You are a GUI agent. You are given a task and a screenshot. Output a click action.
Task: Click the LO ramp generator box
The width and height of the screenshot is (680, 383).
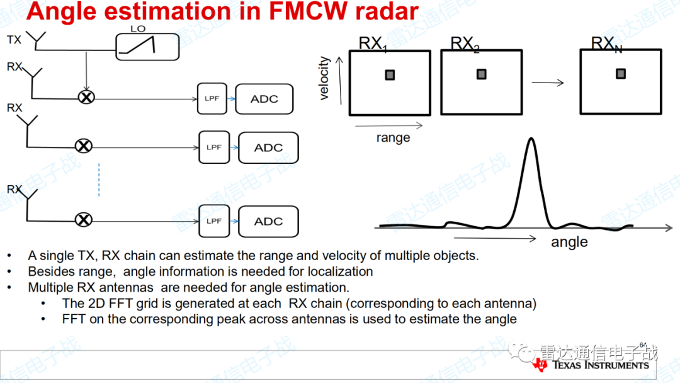tap(147, 47)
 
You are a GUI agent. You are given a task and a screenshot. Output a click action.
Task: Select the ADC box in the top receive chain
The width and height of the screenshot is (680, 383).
tap(264, 99)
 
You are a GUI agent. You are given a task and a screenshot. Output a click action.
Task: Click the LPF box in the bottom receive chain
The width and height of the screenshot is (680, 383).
tap(214, 221)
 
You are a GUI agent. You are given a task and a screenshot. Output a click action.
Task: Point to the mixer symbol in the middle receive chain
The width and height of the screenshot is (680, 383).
tap(84, 146)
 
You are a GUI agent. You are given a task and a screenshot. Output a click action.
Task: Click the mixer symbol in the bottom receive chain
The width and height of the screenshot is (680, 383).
tap(84, 220)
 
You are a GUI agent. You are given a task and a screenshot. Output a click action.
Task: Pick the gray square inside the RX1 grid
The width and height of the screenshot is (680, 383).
tap(390, 75)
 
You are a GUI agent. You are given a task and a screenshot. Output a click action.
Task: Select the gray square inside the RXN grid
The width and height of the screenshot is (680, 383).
tap(621, 74)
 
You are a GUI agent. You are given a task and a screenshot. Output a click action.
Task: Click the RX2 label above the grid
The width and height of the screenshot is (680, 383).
tap(465, 44)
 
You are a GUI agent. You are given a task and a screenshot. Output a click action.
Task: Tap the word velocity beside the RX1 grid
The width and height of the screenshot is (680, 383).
tap(324, 79)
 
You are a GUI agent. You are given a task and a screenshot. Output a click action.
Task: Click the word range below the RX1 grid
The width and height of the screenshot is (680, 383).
tap(394, 138)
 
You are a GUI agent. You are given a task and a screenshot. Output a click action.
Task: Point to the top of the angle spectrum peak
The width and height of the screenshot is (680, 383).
tap(531, 139)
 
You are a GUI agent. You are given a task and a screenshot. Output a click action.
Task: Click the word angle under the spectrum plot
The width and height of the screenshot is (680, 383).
tap(569, 242)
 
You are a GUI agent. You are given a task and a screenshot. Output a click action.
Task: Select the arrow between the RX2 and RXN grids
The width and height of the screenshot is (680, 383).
tap(548, 83)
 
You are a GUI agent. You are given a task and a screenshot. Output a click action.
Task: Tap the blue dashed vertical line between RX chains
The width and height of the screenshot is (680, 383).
tap(99, 180)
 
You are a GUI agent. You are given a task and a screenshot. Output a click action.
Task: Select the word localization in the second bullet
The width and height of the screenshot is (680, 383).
tap(341, 272)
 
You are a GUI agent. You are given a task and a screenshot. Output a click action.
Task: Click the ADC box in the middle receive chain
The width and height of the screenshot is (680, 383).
tap(268, 148)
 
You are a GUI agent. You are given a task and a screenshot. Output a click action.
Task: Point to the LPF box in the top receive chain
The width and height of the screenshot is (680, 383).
tap(212, 98)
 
